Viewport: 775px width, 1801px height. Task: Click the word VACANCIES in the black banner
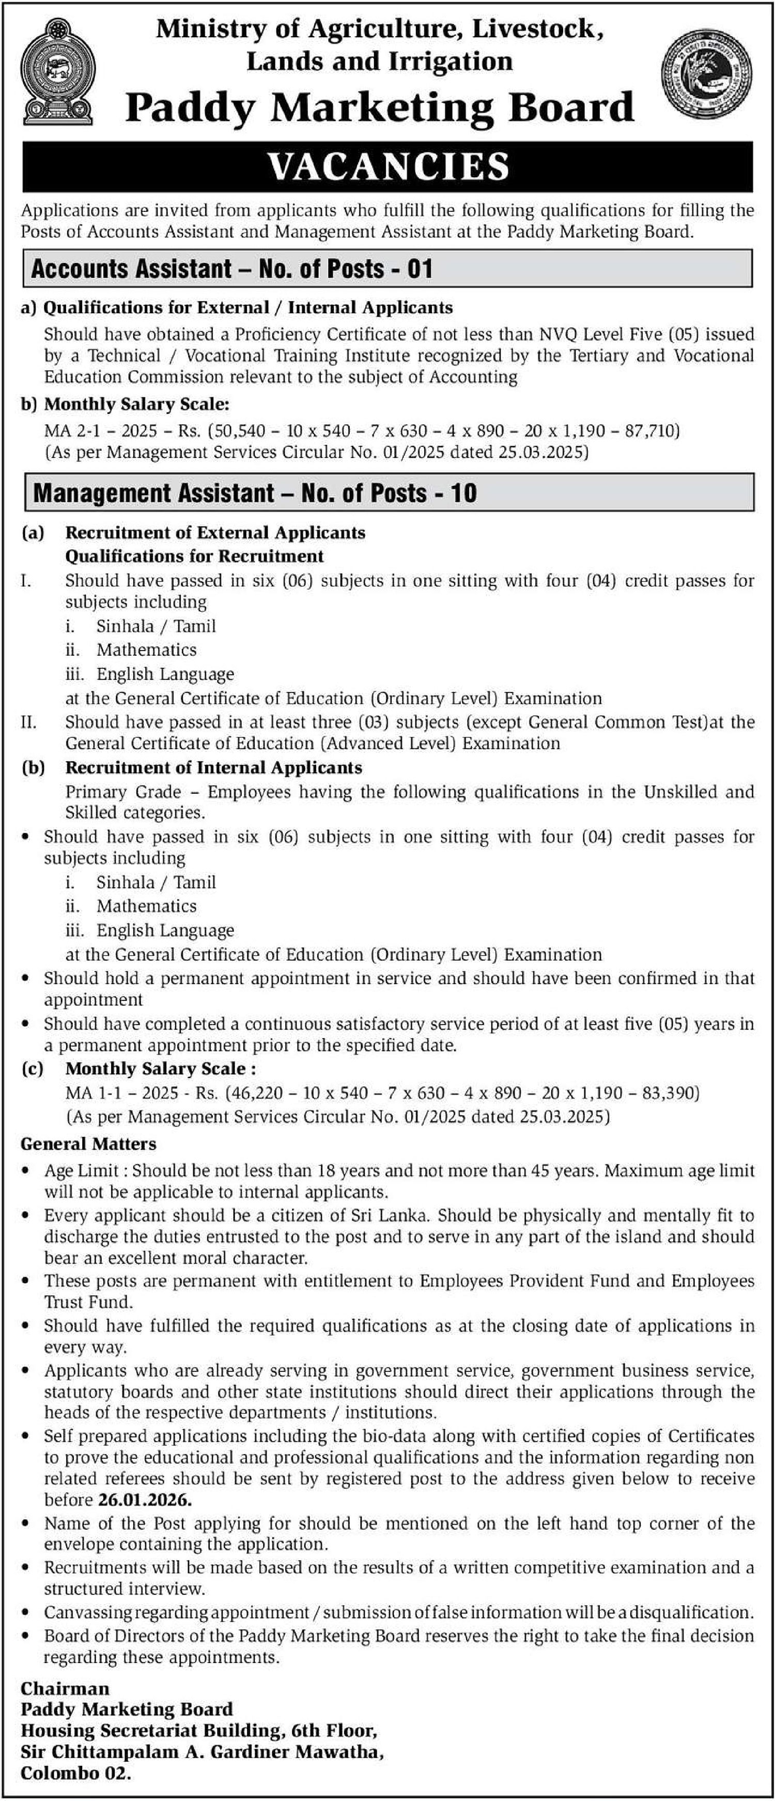pos(388,167)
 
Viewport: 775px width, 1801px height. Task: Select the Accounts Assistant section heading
pos(232,269)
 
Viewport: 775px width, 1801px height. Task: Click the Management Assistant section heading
pos(254,493)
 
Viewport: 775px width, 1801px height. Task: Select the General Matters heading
pos(89,1144)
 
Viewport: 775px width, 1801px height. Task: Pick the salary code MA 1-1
pos(91,1093)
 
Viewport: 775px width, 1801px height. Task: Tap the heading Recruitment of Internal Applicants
pos(213,767)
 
